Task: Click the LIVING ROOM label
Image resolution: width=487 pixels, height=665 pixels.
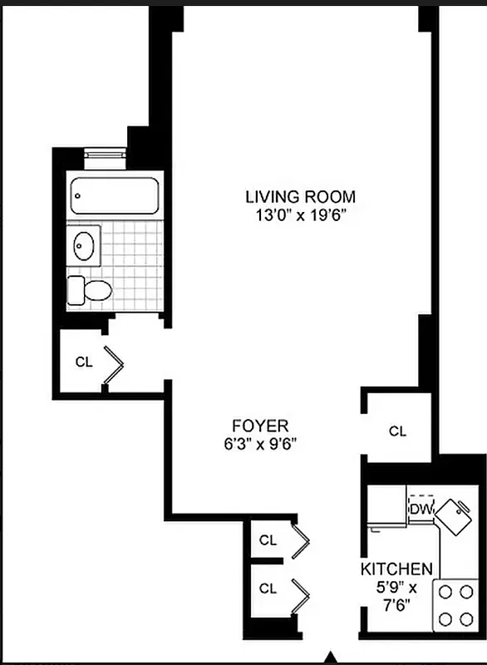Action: tap(300, 197)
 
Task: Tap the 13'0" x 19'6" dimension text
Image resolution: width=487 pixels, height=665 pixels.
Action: tap(300, 216)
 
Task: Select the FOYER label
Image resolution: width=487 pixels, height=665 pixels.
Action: tap(255, 422)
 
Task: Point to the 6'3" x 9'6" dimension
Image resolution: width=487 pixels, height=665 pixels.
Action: tap(255, 442)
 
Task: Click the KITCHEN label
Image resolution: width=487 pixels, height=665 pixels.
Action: tap(396, 569)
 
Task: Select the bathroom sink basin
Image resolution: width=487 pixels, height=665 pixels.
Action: tap(84, 245)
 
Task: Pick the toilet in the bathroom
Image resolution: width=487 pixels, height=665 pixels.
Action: tap(90, 290)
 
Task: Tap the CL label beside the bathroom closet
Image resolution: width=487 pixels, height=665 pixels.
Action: tap(83, 362)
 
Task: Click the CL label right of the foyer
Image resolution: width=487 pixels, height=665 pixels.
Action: tap(398, 431)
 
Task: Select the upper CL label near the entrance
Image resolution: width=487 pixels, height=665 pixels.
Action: tap(267, 539)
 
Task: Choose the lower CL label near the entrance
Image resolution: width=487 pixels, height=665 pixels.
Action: tap(267, 589)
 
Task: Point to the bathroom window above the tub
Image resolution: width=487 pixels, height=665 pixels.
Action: tap(104, 155)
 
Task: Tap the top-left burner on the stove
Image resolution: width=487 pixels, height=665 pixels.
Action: tap(445, 592)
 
